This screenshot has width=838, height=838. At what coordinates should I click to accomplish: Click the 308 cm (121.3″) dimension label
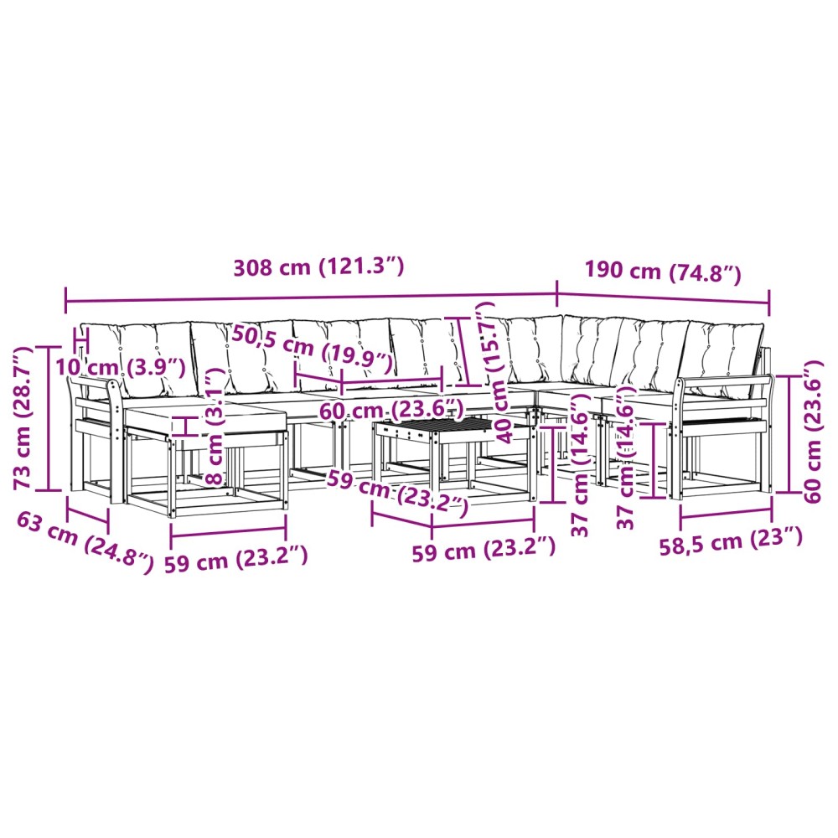pos(318,266)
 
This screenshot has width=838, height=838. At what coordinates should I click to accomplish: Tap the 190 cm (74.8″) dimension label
pos(663,272)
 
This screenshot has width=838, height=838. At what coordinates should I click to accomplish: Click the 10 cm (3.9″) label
pos(120,367)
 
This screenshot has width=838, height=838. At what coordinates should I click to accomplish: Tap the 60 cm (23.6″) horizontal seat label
pos(391,411)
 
